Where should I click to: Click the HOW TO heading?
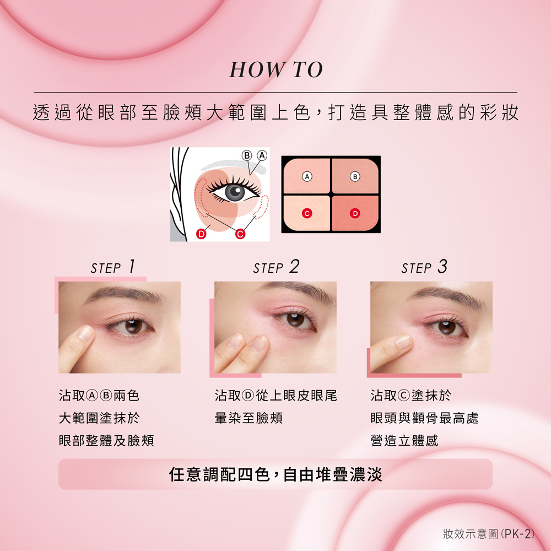276,69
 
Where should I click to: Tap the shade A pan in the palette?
307,176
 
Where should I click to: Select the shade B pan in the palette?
355,176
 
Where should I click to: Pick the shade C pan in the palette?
307,213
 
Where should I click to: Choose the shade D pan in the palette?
355,213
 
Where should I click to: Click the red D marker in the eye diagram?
201,234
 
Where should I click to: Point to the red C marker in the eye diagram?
240,234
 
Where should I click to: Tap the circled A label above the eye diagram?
262,155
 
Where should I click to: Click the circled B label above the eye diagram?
247,155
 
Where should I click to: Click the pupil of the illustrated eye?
234,192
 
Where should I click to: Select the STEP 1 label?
113,267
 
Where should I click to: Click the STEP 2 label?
276,267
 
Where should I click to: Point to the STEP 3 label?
424,267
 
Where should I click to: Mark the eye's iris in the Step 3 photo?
447,327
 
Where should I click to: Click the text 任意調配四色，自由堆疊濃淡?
275,474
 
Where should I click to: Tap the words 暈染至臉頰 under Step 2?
249,418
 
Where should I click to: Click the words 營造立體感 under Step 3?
404,440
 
